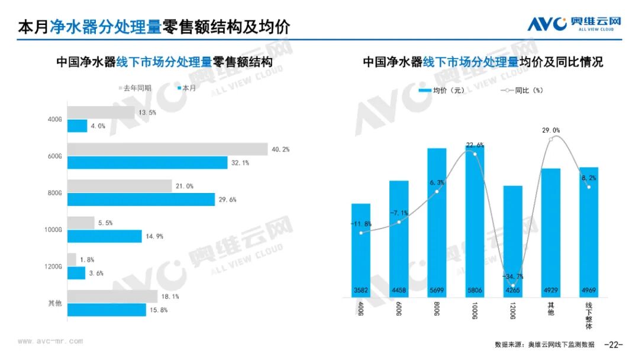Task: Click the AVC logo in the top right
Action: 574,23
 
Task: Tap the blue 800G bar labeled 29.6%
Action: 141,200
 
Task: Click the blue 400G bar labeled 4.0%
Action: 77,126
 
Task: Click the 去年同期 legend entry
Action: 135,88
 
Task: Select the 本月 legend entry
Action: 186,88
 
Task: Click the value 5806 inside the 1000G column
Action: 475,290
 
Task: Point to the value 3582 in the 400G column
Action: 360,290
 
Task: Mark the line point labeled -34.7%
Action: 512,285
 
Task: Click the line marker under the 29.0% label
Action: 551,139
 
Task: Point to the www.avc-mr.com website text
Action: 50,342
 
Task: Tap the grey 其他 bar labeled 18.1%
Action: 112,297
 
